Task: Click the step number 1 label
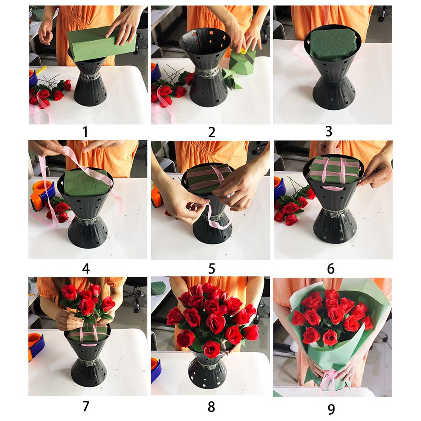point(86,132)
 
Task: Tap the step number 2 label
point(211,132)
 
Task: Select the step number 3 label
point(329,132)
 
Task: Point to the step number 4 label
point(86,269)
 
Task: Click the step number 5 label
point(211,269)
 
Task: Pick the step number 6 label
point(331,269)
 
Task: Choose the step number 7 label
point(86,406)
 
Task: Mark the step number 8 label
point(211,407)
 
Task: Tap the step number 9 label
point(331,409)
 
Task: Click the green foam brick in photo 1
point(102,44)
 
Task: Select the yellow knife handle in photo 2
point(243,51)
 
